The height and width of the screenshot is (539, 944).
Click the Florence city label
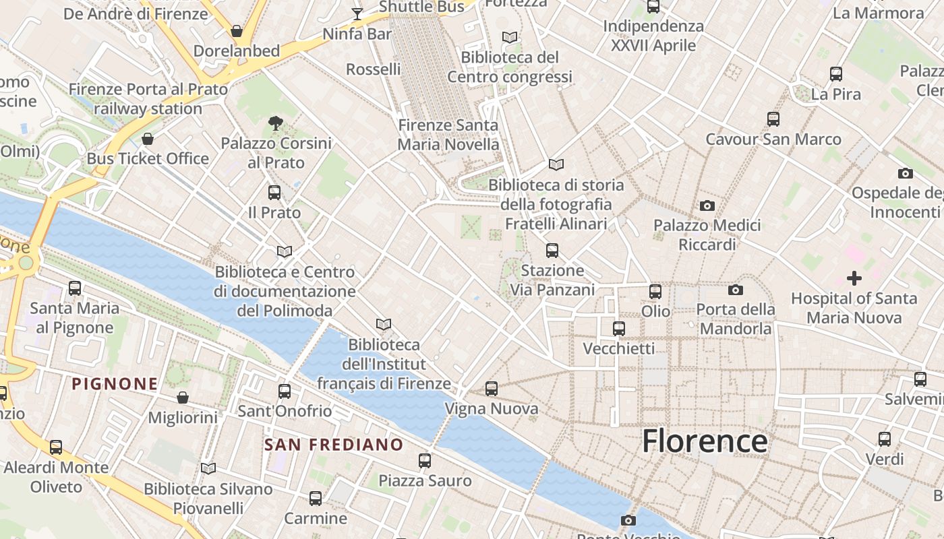pyautogui.click(x=704, y=441)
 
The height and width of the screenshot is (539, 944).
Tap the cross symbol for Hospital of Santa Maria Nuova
pyautogui.click(x=854, y=278)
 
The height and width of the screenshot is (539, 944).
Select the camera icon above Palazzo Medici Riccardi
pyautogui.click(x=707, y=205)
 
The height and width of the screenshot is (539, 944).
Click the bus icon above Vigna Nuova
pyautogui.click(x=492, y=389)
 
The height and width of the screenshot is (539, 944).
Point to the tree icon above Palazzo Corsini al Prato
pyautogui.click(x=275, y=123)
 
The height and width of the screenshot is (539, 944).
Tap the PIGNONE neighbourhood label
pyautogui.click(x=115, y=384)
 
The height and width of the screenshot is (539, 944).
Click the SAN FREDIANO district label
pyautogui.click(x=333, y=445)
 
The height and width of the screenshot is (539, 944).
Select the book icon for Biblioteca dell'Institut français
pyautogui.click(x=384, y=325)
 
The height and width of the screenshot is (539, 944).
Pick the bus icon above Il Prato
pyautogui.click(x=274, y=193)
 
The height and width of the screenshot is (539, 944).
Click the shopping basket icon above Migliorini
pyautogui.click(x=183, y=398)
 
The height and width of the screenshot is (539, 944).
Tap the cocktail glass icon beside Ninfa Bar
pyautogui.click(x=357, y=13)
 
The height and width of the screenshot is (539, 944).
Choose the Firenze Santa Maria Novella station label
pyautogui.click(x=448, y=135)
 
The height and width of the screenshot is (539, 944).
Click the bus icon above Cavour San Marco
pyautogui.click(x=773, y=119)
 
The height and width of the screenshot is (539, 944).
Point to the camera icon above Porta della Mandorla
pyautogui.click(x=736, y=290)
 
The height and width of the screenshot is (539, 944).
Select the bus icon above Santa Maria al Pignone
pyautogui.click(x=75, y=288)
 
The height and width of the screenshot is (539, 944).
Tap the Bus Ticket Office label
pyautogui.click(x=148, y=159)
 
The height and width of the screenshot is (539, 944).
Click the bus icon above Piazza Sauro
pyautogui.click(x=424, y=461)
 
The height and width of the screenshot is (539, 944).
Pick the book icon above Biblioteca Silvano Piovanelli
pyautogui.click(x=208, y=468)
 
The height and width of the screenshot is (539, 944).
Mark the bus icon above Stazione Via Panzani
pyautogui.click(x=552, y=251)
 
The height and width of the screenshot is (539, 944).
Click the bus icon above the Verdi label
pyautogui.click(x=885, y=439)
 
